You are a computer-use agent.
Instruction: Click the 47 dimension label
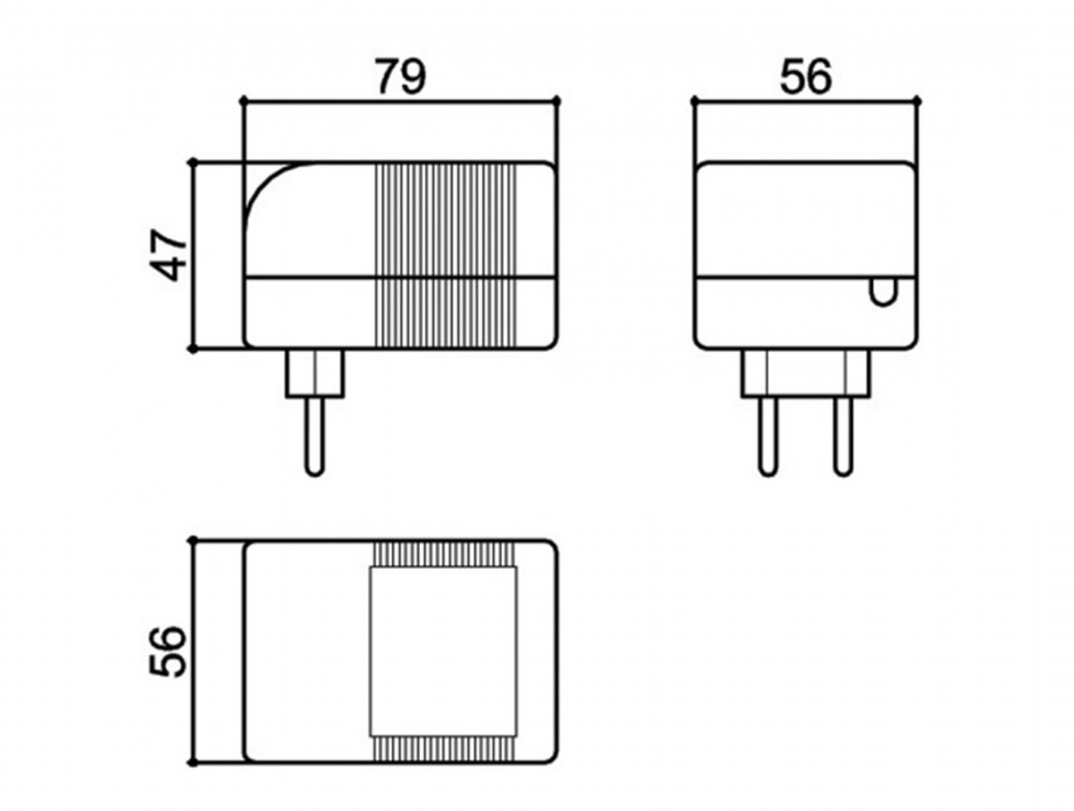pos(168,256)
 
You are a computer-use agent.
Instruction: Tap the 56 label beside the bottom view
pos(168,651)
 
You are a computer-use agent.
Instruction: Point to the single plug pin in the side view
pos(315,435)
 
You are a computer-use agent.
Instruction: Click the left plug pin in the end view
pos(769,435)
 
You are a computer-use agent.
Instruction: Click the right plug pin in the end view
pos(843,435)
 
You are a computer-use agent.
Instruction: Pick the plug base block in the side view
pos(315,373)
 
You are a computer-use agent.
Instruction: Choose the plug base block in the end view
pos(806,373)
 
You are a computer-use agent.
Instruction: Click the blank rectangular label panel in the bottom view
pos(443,651)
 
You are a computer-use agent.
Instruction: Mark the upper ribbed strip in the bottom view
pos(443,554)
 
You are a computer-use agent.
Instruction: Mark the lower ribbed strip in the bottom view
pos(443,748)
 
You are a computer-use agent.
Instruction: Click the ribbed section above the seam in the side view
pos(443,220)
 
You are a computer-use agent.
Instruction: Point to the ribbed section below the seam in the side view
pos(443,313)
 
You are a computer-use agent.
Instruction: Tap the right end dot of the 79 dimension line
pos(557,101)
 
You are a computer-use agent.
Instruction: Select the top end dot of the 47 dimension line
pos(194,162)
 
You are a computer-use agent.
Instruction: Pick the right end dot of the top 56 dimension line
pos(918,101)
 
